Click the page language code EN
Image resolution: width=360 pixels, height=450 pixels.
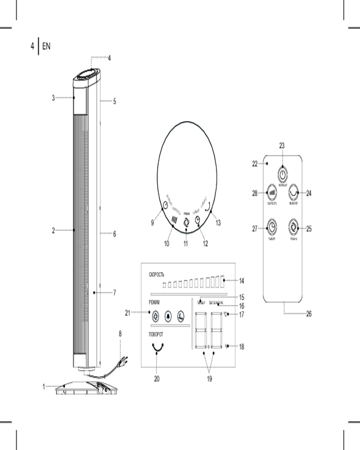point(46,46)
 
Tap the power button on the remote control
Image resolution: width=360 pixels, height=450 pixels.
point(282,175)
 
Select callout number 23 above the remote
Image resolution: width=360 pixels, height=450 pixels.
point(282,145)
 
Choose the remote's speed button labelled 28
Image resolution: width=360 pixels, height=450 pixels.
point(271,192)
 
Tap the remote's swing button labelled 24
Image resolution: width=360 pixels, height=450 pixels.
point(294,192)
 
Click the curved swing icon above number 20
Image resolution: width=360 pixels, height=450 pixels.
point(157,347)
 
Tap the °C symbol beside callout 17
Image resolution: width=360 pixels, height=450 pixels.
point(226,314)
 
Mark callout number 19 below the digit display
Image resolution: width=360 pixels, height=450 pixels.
point(209,379)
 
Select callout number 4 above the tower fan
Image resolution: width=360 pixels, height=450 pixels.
point(109,58)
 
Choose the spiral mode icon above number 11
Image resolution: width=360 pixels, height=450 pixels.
point(185,222)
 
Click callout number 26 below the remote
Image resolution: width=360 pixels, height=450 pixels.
point(309,314)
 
